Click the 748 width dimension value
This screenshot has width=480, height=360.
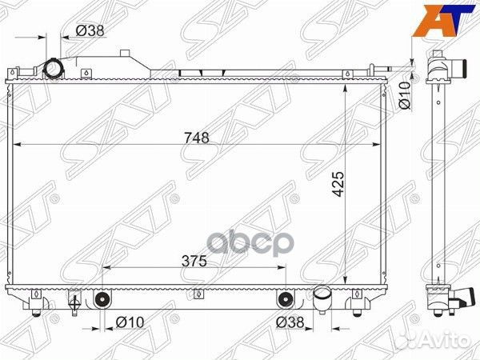(x=197, y=138)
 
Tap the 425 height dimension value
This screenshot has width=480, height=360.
(x=338, y=184)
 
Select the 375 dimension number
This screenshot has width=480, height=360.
(x=194, y=261)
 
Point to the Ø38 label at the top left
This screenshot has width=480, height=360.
(x=90, y=30)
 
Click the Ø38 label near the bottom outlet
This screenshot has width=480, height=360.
(x=290, y=322)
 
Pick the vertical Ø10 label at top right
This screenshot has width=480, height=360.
(x=404, y=95)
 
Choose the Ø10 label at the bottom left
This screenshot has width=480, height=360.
(x=130, y=322)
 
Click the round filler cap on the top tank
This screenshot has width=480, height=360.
(x=54, y=69)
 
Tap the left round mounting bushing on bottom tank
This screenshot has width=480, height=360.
(x=102, y=298)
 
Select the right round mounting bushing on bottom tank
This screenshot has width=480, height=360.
(x=286, y=298)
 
